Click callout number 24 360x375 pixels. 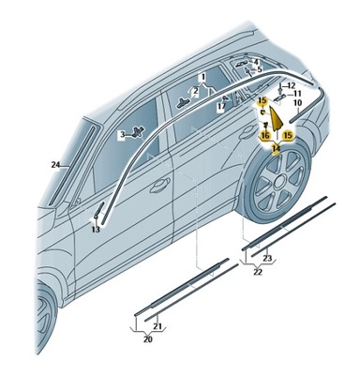[x=55, y=164]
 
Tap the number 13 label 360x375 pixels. [x=96, y=229]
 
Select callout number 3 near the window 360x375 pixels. [x=122, y=135]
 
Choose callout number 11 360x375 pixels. [x=296, y=94]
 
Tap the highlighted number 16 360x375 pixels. [x=265, y=135]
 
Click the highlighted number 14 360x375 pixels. [x=276, y=147]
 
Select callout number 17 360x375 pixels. [x=222, y=107]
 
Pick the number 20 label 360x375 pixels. [x=147, y=339]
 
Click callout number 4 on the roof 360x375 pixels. [x=255, y=61]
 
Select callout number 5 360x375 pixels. [x=260, y=70]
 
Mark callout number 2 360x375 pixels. [x=195, y=91]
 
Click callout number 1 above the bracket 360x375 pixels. [x=202, y=75]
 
